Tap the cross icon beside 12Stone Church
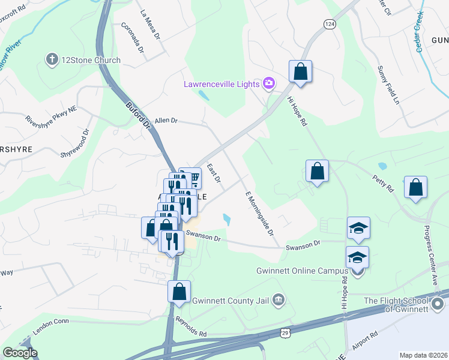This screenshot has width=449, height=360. tap(52, 60)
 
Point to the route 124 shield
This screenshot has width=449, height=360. tap(329, 23)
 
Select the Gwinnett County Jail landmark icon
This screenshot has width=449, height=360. tap(278, 299)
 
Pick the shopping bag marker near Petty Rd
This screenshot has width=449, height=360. tap(415, 187)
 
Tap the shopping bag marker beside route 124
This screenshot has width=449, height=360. tap(300, 72)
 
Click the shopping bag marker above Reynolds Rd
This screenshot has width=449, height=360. tap(179, 292)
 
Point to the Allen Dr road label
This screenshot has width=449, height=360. tap(166, 121)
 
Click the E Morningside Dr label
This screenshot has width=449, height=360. tap(259, 213)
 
